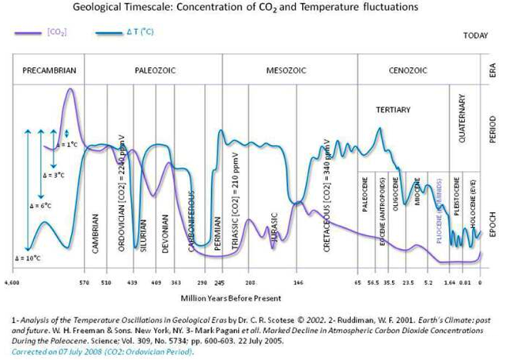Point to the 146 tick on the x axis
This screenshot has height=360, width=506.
[x=299, y=282]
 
